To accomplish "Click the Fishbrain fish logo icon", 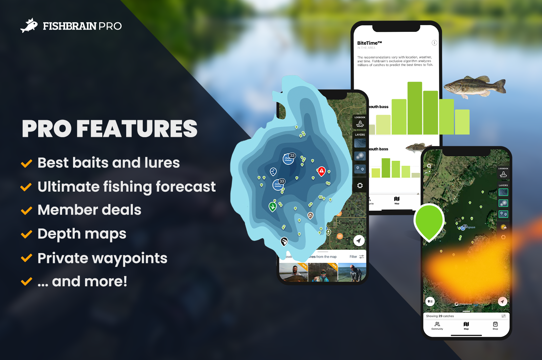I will [x=29, y=26].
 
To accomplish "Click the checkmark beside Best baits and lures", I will [x=27, y=163].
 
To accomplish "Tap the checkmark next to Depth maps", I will [x=27, y=234].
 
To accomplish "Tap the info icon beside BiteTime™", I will [x=434, y=43].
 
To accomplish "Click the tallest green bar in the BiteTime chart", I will [x=414, y=108].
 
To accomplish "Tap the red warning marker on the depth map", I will [x=321, y=171].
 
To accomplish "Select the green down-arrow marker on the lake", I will [x=273, y=207].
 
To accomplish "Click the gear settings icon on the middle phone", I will [x=360, y=186].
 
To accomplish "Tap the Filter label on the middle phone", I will [x=353, y=257].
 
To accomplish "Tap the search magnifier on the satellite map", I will [x=429, y=166].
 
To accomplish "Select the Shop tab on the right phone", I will [x=495, y=325].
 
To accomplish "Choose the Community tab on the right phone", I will [x=437, y=325].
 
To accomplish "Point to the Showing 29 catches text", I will [x=440, y=316].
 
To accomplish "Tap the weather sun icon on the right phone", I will [x=503, y=227].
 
